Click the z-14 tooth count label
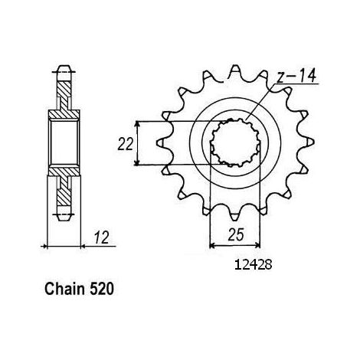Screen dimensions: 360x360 pos(296,76)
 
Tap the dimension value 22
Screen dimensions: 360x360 pos(125,144)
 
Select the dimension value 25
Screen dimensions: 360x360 pos(235,234)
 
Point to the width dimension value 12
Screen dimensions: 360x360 pos(102,237)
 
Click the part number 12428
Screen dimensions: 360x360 pos(254,265)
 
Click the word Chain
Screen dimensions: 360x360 pos(64,290)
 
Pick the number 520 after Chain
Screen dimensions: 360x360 pos(101,290)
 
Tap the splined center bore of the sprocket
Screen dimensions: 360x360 pos(235,142)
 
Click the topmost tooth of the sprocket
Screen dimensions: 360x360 pos(235,70)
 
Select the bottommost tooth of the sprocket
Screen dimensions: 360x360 pos(235,216)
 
